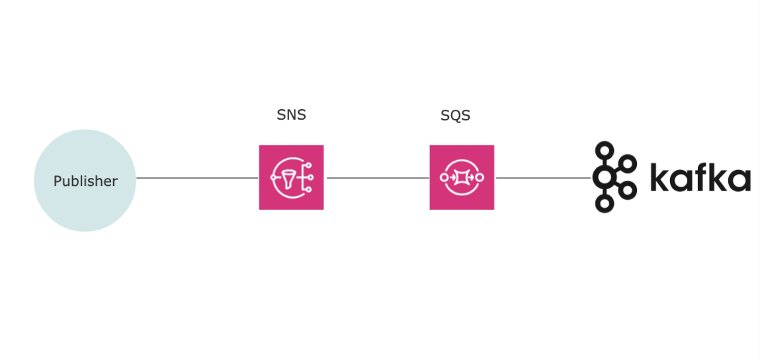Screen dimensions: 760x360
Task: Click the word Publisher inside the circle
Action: (x=85, y=181)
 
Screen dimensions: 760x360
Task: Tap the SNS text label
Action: (x=291, y=115)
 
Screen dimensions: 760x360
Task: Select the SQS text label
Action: (x=455, y=115)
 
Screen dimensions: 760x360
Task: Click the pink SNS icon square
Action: (x=291, y=177)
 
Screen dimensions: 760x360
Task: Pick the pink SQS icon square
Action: (x=462, y=177)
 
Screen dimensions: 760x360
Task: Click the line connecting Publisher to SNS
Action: (x=197, y=178)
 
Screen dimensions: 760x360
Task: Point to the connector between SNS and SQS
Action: (x=378, y=178)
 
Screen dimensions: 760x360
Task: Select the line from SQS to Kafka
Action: (x=543, y=178)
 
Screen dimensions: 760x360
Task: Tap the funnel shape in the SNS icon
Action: (x=287, y=179)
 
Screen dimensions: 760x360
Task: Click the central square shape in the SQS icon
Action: (x=462, y=177)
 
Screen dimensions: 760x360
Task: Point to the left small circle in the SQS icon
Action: (x=444, y=177)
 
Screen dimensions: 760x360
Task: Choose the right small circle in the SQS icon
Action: (x=480, y=177)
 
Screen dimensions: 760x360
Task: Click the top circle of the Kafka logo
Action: (x=605, y=150)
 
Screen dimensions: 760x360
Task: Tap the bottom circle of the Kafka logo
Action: (x=605, y=203)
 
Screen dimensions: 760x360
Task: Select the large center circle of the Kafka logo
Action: (x=604, y=177)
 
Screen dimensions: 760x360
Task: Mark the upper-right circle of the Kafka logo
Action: (x=628, y=164)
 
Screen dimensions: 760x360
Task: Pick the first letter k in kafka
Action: (x=659, y=177)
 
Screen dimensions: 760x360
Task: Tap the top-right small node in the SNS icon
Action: (x=308, y=165)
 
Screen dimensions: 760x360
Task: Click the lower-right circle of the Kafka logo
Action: (x=628, y=190)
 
